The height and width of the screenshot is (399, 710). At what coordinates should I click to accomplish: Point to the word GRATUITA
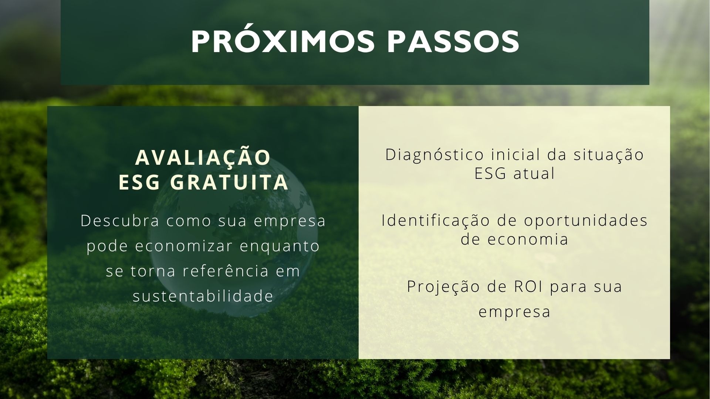(x=230, y=182)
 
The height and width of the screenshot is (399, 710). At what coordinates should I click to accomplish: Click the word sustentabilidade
(x=203, y=296)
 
